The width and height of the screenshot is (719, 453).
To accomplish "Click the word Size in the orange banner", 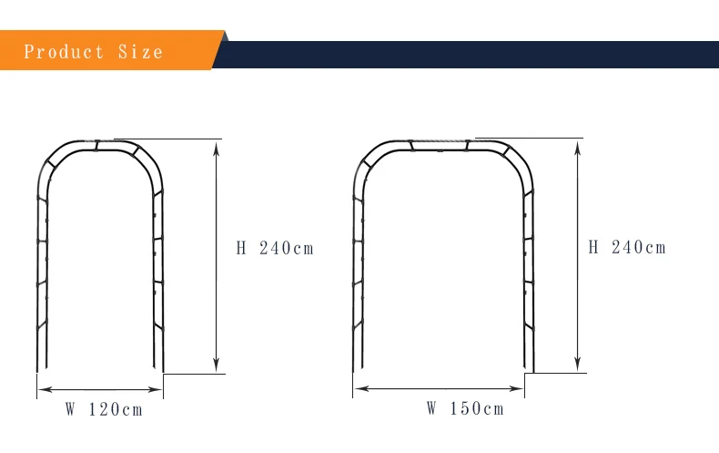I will click(140, 51).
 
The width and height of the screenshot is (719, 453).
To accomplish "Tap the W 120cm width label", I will click(104, 409).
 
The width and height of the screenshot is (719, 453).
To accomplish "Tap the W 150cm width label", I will click(465, 408).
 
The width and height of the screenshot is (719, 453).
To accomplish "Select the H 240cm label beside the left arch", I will click(275, 248).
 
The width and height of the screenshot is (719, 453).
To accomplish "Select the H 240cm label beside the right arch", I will click(627, 247).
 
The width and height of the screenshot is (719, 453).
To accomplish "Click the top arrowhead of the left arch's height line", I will click(216, 143).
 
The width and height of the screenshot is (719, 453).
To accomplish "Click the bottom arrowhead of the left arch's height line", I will click(216, 368).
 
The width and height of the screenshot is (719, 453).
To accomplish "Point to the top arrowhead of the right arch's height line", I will click(577, 143).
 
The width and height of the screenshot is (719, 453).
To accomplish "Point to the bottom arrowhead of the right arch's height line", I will click(577, 367).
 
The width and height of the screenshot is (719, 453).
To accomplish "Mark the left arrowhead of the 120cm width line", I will click(41, 390).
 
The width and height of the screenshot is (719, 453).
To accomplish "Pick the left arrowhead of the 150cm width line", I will click(358, 389).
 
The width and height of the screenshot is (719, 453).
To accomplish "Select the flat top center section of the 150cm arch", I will click(440, 144).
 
